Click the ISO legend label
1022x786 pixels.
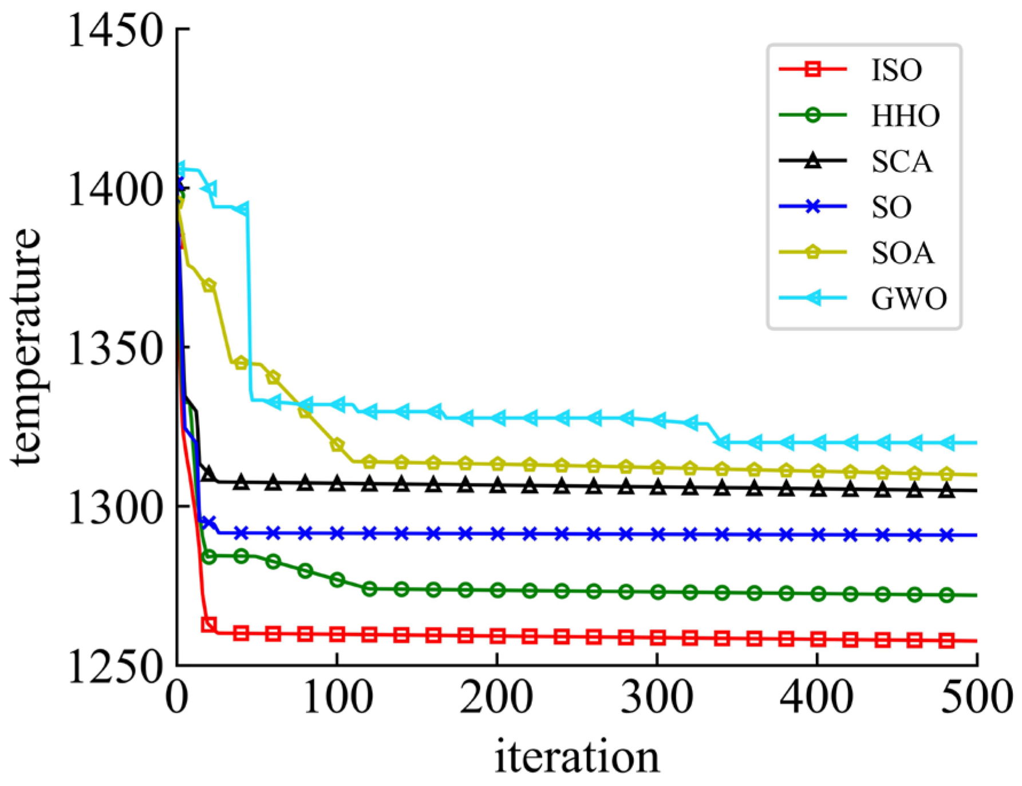click(x=896, y=70)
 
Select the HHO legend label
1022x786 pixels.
click(x=905, y=116)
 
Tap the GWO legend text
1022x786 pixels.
click(x=909, y=298)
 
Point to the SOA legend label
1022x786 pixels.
click(x=902, y=253)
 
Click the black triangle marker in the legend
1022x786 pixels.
click(x=812, y=161)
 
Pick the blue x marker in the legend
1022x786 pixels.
click(x=812, y=207)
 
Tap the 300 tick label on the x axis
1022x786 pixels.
click(x=657, y=698)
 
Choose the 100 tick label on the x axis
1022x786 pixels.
click(x=337, y=698)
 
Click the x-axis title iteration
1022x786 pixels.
click(x=577, y=757)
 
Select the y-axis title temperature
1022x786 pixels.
click(x=26, y=347)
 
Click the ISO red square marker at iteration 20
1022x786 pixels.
click(x=209, y=624)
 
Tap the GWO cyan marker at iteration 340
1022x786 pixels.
click(x=722, y=442)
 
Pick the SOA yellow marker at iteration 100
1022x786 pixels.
click(x=337, y=445)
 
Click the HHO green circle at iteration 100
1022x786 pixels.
click(x=337, y=579)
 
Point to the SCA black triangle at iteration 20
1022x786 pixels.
click(x=209, y=473)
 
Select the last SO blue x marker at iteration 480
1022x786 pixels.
click(x=946, y=535)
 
